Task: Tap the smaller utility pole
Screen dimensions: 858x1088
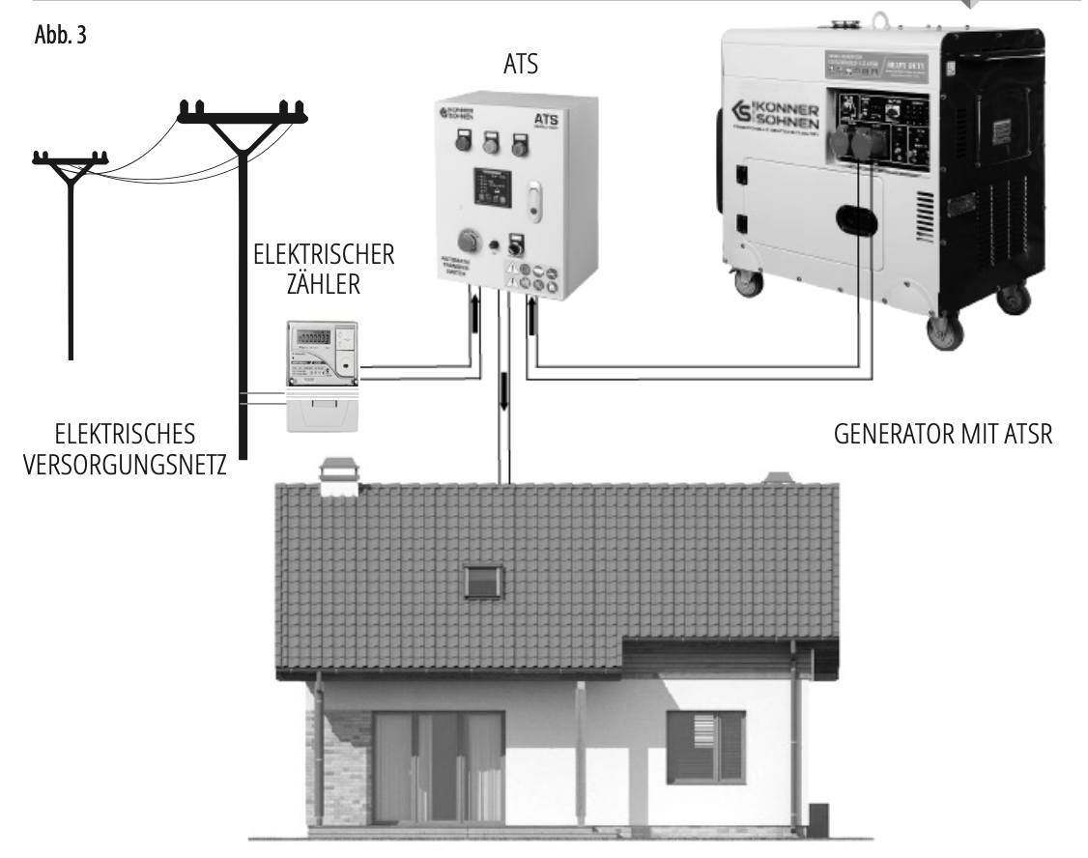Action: [x=69, y=242]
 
